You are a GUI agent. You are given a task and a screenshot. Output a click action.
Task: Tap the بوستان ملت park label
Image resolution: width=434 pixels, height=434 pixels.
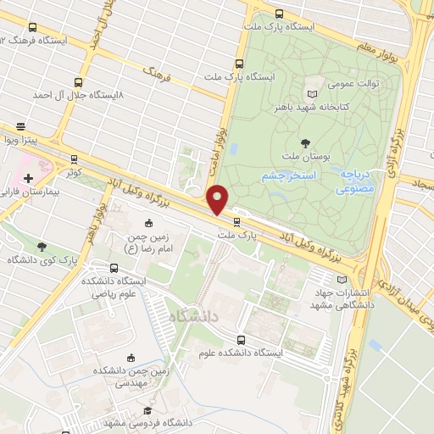(x=304, y=158)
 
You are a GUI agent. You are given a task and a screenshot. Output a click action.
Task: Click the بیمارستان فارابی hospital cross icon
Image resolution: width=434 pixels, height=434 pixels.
(x=29, y=179)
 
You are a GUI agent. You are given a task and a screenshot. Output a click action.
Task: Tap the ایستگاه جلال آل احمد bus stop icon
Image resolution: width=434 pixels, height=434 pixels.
(x=78, y=83)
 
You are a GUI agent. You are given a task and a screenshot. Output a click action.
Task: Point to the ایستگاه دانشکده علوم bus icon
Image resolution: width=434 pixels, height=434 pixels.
(x=242, y=340)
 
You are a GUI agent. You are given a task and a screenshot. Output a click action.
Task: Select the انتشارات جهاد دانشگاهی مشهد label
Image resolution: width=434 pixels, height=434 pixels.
(x=339, y=297)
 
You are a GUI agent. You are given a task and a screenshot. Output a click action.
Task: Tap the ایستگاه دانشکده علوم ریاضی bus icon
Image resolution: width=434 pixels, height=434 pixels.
(x=92, y=290)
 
